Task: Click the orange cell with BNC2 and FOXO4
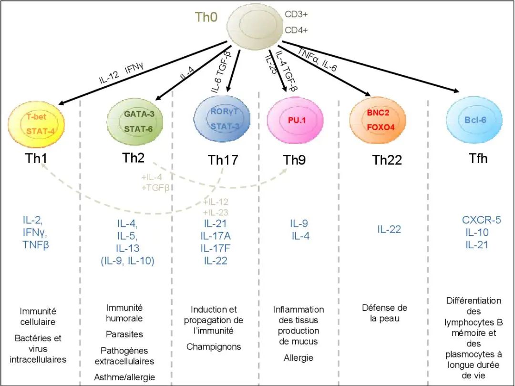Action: pyautogui.click(x=378, y=121)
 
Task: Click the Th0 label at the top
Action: pyautogui.click(x=206, y=18)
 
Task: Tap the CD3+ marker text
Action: pyautogui.click(x=296, y=14)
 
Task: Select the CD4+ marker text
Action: pyautogui.click(x=296, y=30)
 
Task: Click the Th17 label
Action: pyautogui.click(x=223, y=160)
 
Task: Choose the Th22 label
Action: pyautogui.click(x=387, y=160)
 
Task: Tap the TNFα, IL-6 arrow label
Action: pyautogui.click(x=317, y=60)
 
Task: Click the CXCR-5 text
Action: pyautogui.click(x=482, y=220)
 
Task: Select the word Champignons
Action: pyautogui.click(x=214, y=347)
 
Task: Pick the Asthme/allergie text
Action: pyautogui.click(x=124, y=377)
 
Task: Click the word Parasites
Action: pyautogui.click(x=124, y=334)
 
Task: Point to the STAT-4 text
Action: pyautogui.click(x=36, y=130)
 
